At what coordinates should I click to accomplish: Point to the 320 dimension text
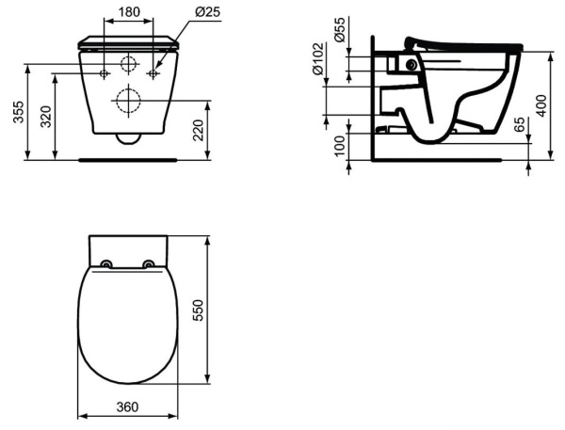[47, 117]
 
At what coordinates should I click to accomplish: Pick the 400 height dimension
[541, 104]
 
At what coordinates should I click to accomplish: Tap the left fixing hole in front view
[104, 72]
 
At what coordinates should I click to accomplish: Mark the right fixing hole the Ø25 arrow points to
[152, 72]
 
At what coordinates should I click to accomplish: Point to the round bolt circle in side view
[410, 65]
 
